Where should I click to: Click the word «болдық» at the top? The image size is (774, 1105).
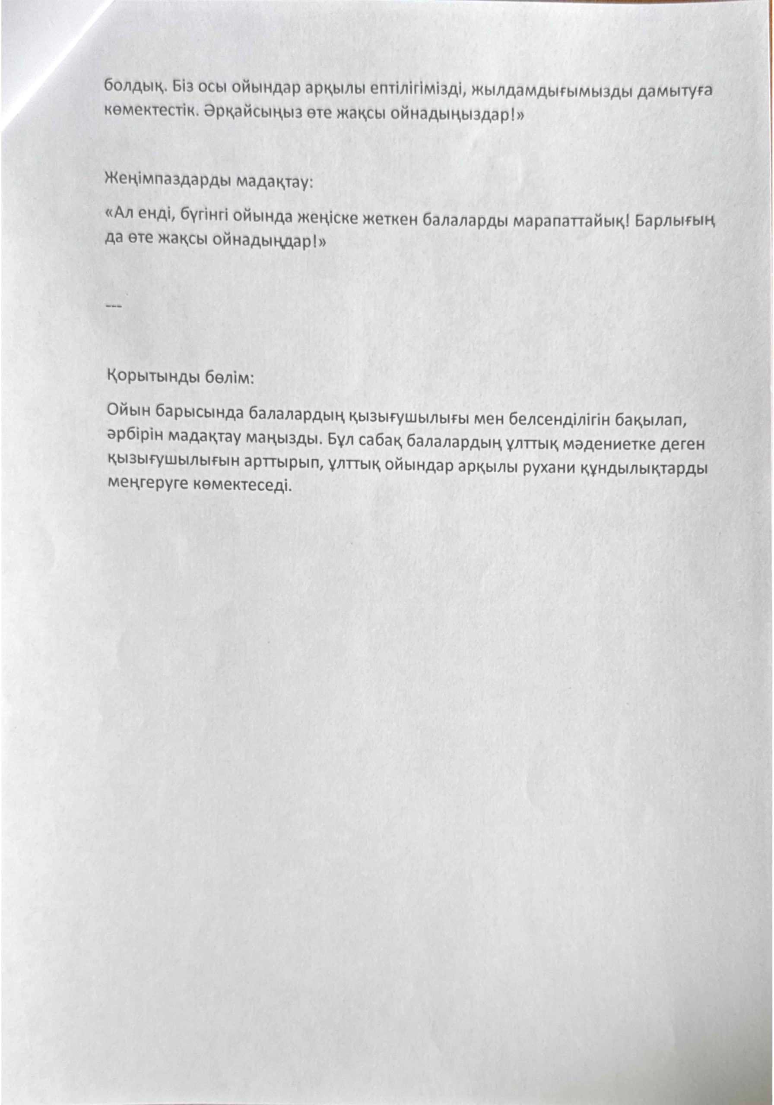pyautogui.click(x=129, y=87)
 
